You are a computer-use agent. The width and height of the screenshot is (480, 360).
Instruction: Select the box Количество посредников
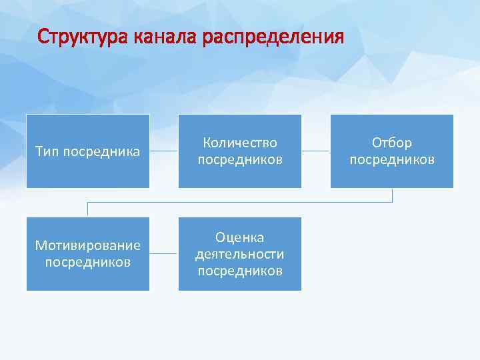pyautogui.click(x=239, y=151)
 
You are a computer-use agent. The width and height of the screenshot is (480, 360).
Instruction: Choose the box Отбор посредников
pyautogui.click(x=392, y=151)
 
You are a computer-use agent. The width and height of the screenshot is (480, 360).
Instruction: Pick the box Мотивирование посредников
pyautogui.click(x=87, y=254)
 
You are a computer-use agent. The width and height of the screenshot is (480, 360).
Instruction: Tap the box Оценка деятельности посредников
pyautogui.click(x=239, y=254)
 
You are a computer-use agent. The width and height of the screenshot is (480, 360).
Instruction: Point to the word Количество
pyautogui.click(x=240, y=143)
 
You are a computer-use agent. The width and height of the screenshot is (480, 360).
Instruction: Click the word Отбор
pyautogui.click(x=392, y=143)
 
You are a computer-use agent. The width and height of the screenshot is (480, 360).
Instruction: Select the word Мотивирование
pyautogui.click(x=87, y=245)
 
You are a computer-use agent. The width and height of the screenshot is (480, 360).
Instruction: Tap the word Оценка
pyautogui.click(x=240, y=237)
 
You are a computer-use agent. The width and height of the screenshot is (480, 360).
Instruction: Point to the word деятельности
pyautogui.click(x=240, y=254)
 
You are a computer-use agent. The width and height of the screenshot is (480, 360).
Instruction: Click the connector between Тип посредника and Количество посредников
pyautogui.click(x=164, y=151)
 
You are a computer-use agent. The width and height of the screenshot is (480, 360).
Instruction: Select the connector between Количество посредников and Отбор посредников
pyautogui.click(x=316, y=151)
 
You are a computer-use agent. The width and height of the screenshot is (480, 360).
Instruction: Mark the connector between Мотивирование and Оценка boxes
pyautogui.click(x=164, y=254)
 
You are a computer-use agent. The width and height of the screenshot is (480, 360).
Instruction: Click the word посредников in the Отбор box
pyautogui.click(x=392, y=159)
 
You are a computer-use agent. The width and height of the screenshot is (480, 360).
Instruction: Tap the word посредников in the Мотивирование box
pyautogui.click(x=87, y=262)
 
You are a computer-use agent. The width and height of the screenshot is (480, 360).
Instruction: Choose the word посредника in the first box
pyautogui.click(x=101, y=151)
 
